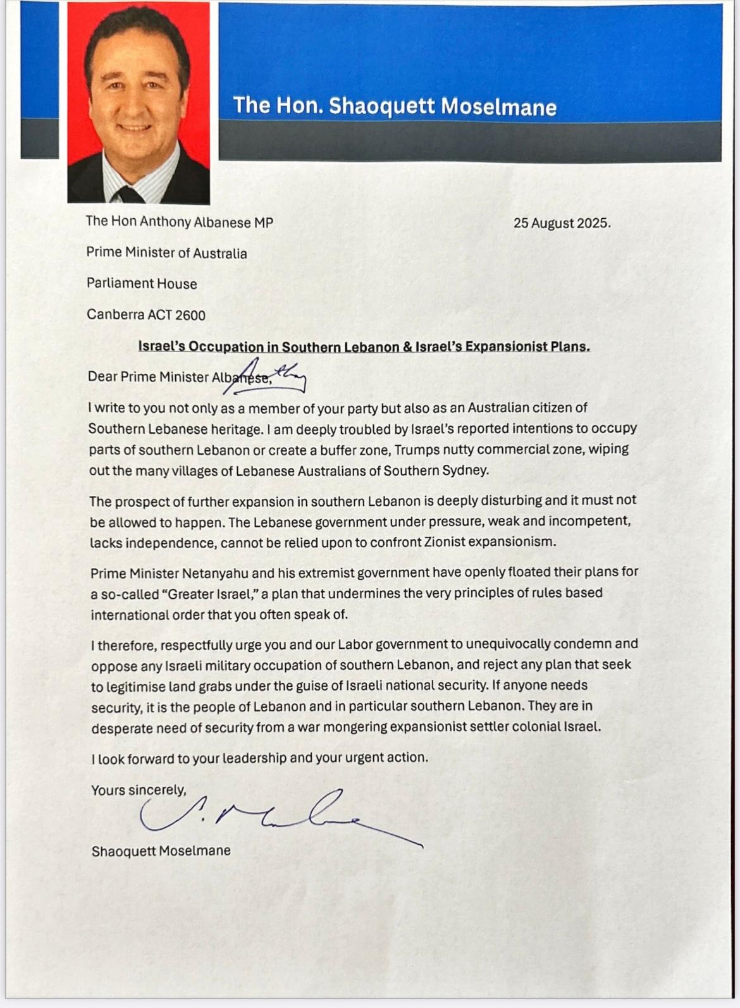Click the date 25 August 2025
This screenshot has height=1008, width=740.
562,223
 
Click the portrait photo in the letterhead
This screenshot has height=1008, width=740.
138,102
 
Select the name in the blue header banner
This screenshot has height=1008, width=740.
395,106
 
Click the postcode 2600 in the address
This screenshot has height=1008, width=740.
189,314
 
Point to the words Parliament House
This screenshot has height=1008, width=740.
142,283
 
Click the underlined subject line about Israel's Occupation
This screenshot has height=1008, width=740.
364,347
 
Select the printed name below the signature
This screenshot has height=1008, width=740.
161,851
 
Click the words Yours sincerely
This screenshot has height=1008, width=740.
139,790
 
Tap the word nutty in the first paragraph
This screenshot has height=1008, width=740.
453,450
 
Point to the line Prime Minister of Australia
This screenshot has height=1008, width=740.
166,253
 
